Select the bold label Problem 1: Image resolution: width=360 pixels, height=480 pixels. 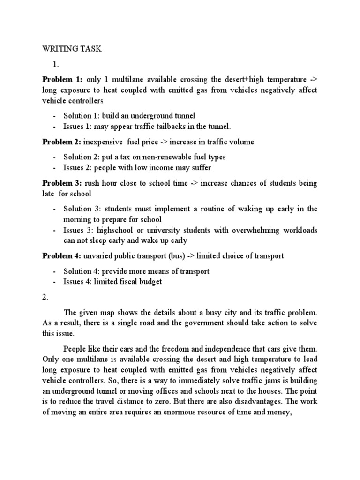point(62,80)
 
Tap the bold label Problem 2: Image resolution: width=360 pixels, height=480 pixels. point(62,142)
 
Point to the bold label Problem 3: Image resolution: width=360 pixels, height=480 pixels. point(62,183)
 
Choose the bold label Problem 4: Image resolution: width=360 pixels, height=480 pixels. point(62,256)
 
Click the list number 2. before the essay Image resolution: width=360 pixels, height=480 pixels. point(45,297)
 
